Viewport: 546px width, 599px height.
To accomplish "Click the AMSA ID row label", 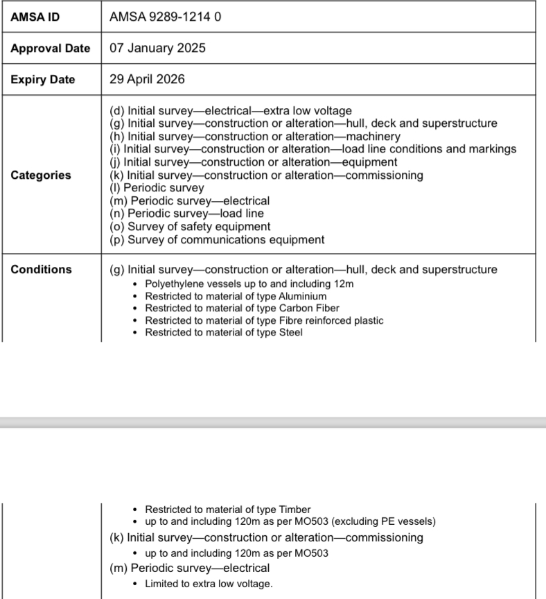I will pos(35,17).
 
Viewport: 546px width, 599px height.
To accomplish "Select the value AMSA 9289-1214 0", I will pos(166,17).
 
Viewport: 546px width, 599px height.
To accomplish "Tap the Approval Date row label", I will pos(51,49).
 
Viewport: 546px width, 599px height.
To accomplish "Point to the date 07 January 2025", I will pos(157,49).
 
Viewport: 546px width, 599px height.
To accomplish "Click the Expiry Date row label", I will pos(43,80).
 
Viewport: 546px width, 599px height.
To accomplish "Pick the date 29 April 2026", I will pos(147,80).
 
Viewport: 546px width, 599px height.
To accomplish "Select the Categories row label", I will pos(41,175).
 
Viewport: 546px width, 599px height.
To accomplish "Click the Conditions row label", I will pos(41,270).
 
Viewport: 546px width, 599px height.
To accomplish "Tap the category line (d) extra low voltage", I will pos(231,111).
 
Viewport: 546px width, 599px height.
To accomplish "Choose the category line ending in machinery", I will pos(255,137).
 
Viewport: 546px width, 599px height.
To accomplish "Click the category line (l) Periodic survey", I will pos(157,188).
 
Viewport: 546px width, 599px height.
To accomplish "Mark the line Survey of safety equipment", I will pos(191,227).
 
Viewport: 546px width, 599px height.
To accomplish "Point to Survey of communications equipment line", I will pos(217,240).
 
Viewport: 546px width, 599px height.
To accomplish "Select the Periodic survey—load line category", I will pos(186,214).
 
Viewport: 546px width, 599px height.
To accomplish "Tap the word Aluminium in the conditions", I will pos(303,296).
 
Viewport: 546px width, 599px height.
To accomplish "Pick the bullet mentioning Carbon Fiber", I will pos(243,308).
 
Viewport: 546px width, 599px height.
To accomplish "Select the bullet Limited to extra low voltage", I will pos(209,584).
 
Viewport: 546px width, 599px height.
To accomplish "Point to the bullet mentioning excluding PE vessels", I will pos(290,521).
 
